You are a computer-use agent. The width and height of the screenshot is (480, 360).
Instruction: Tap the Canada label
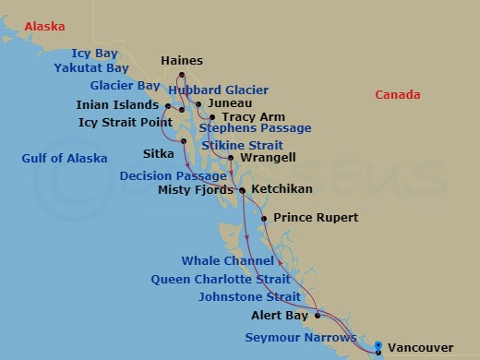[398, 95]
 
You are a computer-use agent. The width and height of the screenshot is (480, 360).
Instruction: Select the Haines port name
[182, 61]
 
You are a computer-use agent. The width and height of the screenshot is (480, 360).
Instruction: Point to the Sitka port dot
[184, 141]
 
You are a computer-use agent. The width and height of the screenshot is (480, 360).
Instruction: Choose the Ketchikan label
[281, 188]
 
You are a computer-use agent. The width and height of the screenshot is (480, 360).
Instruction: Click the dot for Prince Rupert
[264, 219]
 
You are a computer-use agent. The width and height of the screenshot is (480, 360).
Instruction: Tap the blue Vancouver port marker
[377, 348]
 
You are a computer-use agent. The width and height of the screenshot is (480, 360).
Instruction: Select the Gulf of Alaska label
[65, 159]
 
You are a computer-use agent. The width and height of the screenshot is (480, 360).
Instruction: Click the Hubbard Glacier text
[219, 90]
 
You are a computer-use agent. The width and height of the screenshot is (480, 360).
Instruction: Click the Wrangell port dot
[230, 159]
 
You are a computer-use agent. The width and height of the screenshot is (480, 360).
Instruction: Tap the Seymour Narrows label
[300, 337]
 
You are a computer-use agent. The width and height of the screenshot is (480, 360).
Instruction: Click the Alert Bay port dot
[318, 316]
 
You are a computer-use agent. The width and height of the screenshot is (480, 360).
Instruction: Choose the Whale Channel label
[228, 261]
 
